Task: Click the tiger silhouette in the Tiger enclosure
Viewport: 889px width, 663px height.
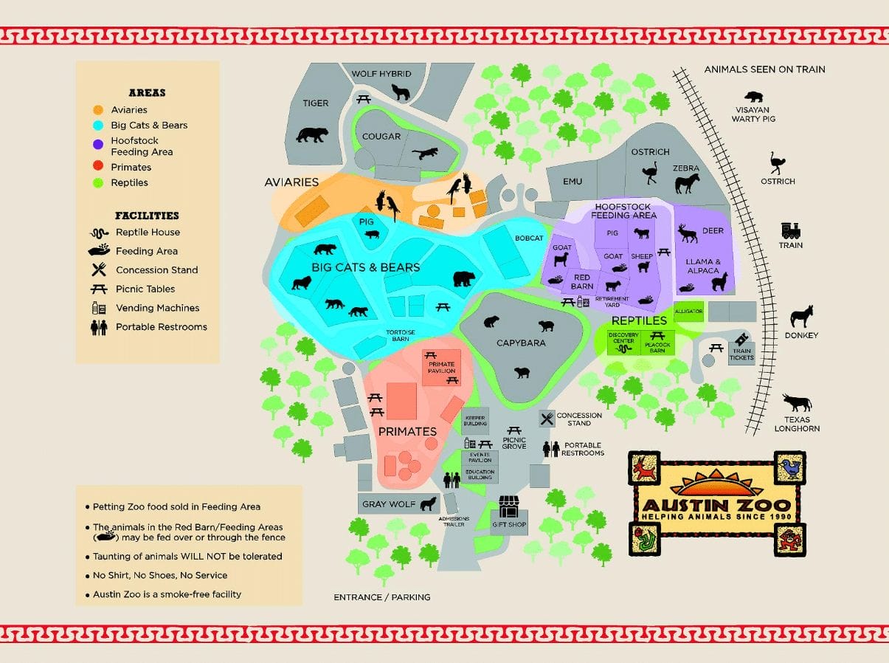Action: pyautogui.click(x=311, y=135)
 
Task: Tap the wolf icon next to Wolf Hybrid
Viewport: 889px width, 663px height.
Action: pyautogui.click(x=400, y=92)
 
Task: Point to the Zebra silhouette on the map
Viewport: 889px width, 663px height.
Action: pyautogui.click(x=686, y=182)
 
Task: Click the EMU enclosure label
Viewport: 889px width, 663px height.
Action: pyautogui.click(x=573, y=182)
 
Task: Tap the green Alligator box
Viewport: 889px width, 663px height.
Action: pyautogui.click(x=688, y=312)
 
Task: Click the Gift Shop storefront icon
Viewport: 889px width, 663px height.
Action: pyautogui.click(x=509, y=506)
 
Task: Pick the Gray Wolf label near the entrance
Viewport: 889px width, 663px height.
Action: pyautogui.click(x=389, y=505)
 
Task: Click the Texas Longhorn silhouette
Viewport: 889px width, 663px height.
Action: pyautogui.click(x=797, y=403)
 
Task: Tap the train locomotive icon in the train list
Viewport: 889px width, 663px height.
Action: pyautogui.click(x=791, y=230)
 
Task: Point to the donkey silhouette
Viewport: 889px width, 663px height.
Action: pyautogui.click(x=801, y=317)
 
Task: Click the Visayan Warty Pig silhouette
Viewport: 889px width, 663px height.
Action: pyautogui.click(x=754, y=97)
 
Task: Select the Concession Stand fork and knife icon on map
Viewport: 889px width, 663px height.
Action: pyautogui.click(x=547, y=419)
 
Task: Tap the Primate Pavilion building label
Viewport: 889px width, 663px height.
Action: pyautogui.click(x=441, y=367)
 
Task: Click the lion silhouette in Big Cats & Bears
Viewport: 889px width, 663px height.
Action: pyautogui.click(x=301, y=283)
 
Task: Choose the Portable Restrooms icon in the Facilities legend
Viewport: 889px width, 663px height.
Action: pyautogui.click(x=99, y=327)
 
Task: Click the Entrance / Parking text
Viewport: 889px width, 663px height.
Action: pyautogui.click(x=381, y=597)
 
